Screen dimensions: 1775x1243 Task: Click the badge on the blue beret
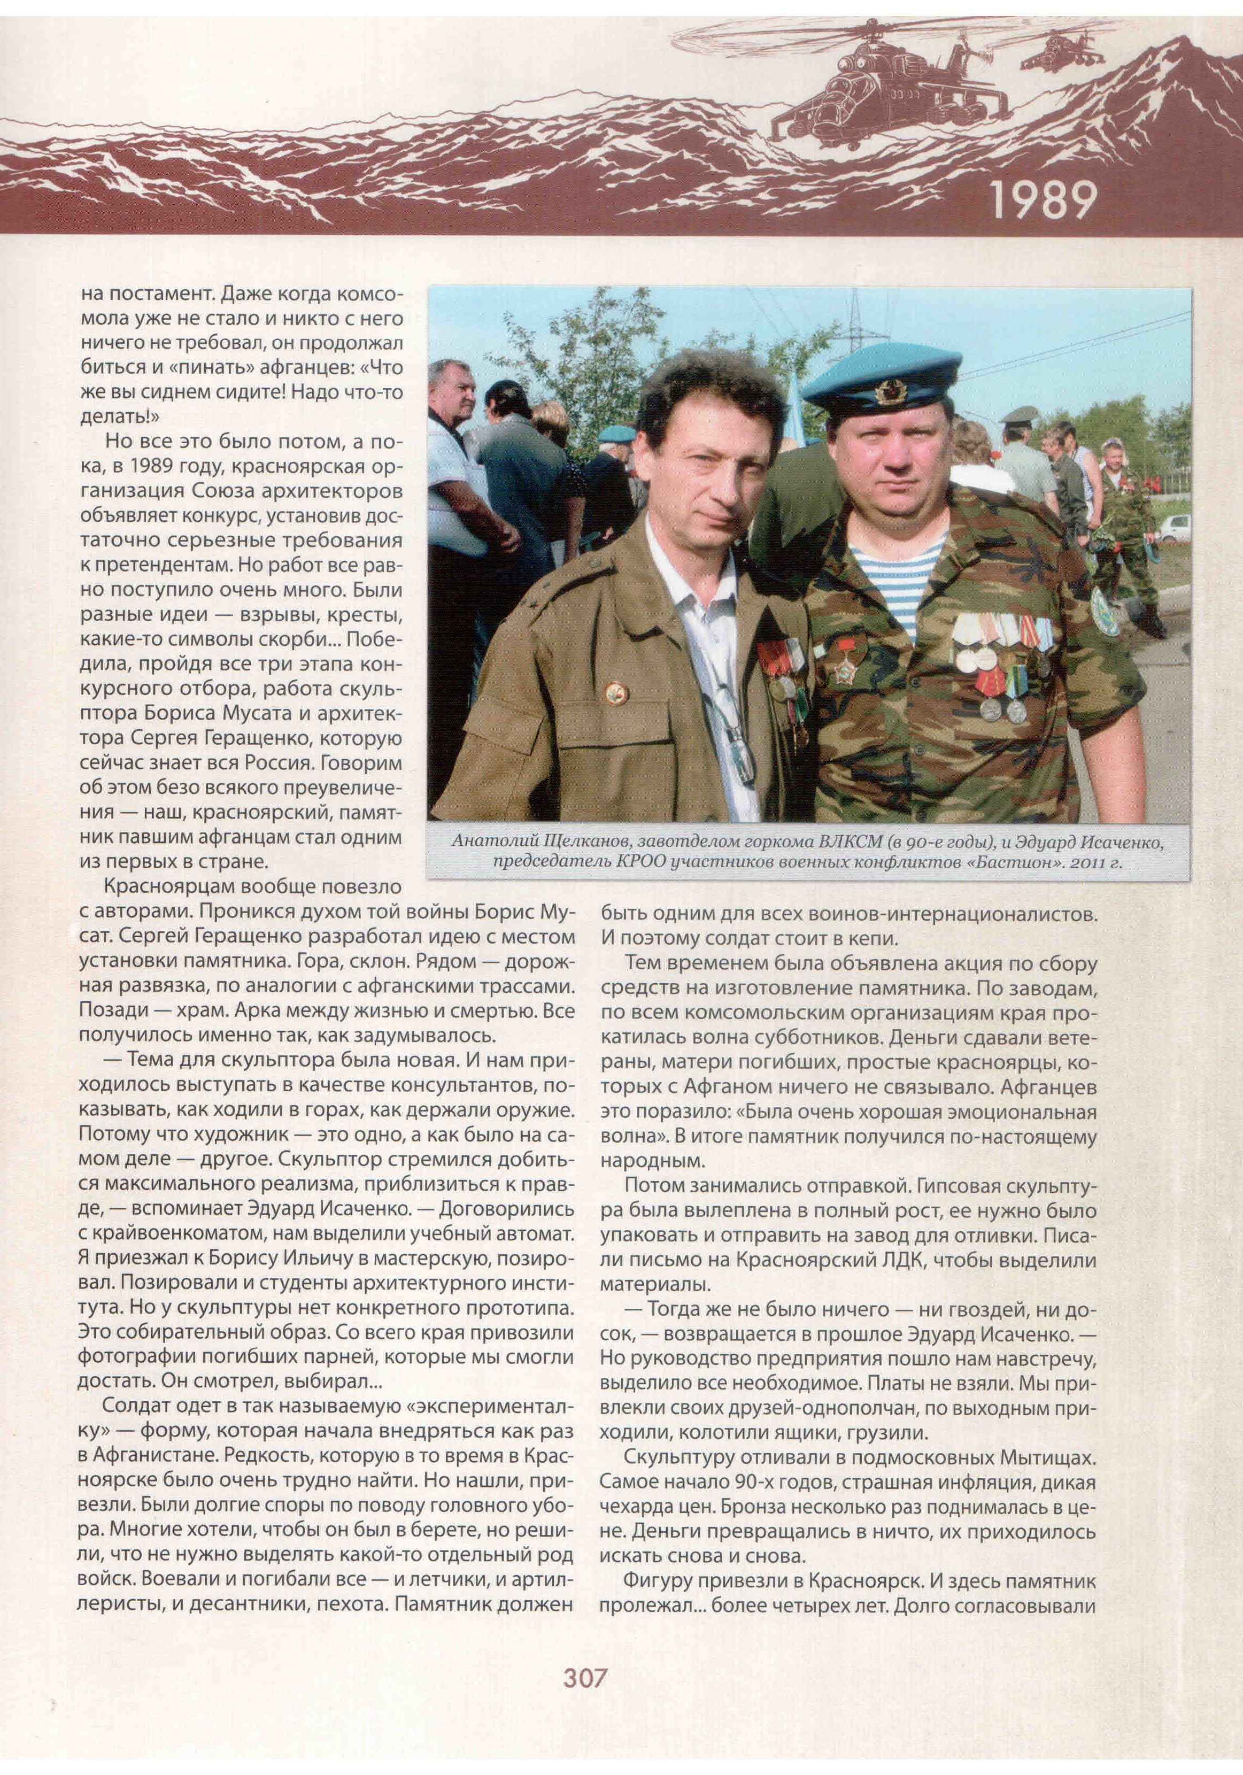click(891, 391)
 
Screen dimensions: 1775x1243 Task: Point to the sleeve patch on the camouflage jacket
click(1104, 610)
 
